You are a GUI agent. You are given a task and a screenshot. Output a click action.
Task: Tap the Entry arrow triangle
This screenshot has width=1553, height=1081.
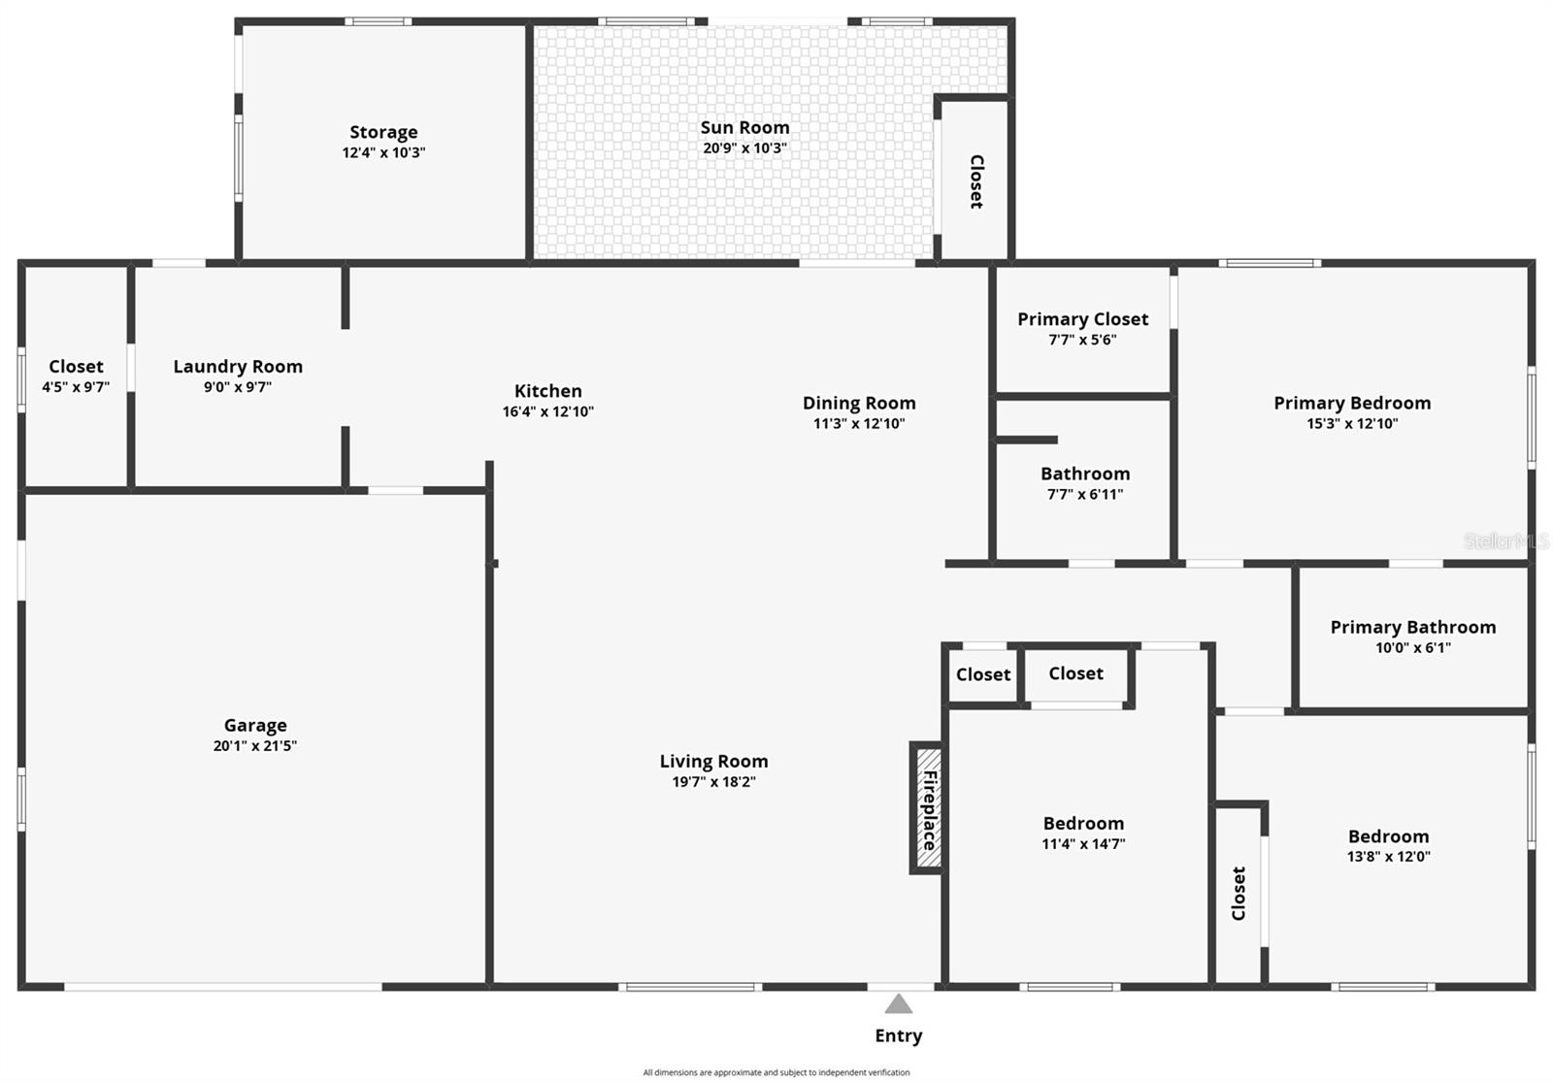point(899,1004)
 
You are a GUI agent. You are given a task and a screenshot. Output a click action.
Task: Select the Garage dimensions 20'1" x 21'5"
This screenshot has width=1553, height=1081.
point(255,746)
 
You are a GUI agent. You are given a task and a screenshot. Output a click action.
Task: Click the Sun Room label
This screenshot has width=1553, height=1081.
point(744,127)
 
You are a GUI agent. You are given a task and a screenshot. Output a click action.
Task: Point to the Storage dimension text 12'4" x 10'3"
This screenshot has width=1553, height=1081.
point(383,152)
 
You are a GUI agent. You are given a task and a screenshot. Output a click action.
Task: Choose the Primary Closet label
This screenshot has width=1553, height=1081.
point(1082,319)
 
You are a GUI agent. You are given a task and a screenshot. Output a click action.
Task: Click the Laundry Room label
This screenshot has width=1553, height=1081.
point(238,366)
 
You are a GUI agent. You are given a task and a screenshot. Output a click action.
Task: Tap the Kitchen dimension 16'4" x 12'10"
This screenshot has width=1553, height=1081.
point(548,411)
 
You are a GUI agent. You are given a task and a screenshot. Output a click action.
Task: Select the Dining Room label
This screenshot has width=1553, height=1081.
point(859,403)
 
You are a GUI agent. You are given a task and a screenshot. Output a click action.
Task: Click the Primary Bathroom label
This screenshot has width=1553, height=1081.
point(1412,627)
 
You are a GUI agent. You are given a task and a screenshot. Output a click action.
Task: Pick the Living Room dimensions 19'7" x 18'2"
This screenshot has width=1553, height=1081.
point(713,782)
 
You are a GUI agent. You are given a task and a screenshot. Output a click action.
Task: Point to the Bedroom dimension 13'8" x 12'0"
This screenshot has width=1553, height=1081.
point(1388,857)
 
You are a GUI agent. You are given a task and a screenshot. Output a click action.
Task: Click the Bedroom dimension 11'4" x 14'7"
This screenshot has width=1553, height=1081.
point(1083,844)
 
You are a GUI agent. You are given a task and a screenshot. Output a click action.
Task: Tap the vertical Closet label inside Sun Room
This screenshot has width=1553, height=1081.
point(976,181)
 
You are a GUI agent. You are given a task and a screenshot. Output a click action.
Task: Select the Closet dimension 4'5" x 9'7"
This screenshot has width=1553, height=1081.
point(76,387)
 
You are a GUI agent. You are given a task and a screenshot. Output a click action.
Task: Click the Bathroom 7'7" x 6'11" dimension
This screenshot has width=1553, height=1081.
point(1085,494)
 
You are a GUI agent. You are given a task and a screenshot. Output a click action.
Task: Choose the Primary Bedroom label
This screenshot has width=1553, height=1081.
point(1352,403)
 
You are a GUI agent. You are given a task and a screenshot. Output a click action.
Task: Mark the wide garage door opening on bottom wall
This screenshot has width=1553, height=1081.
point(223,987)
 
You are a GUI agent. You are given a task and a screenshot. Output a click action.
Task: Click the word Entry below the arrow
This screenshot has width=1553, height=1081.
point(899,1035)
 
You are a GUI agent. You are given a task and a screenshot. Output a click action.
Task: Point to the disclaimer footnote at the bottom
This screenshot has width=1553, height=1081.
point(776,1072)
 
